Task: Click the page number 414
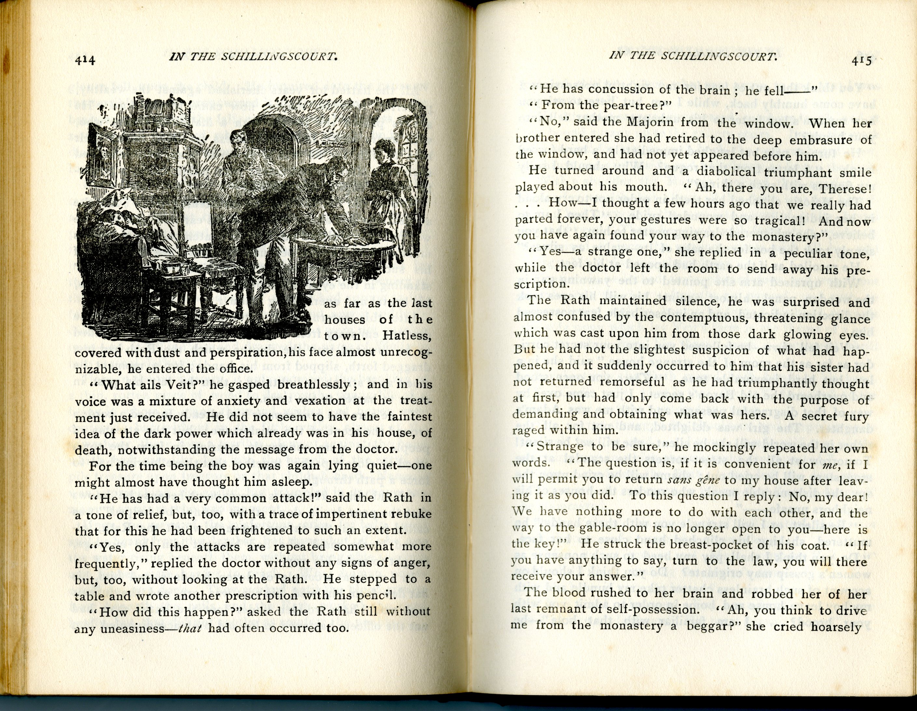(85, 60)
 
